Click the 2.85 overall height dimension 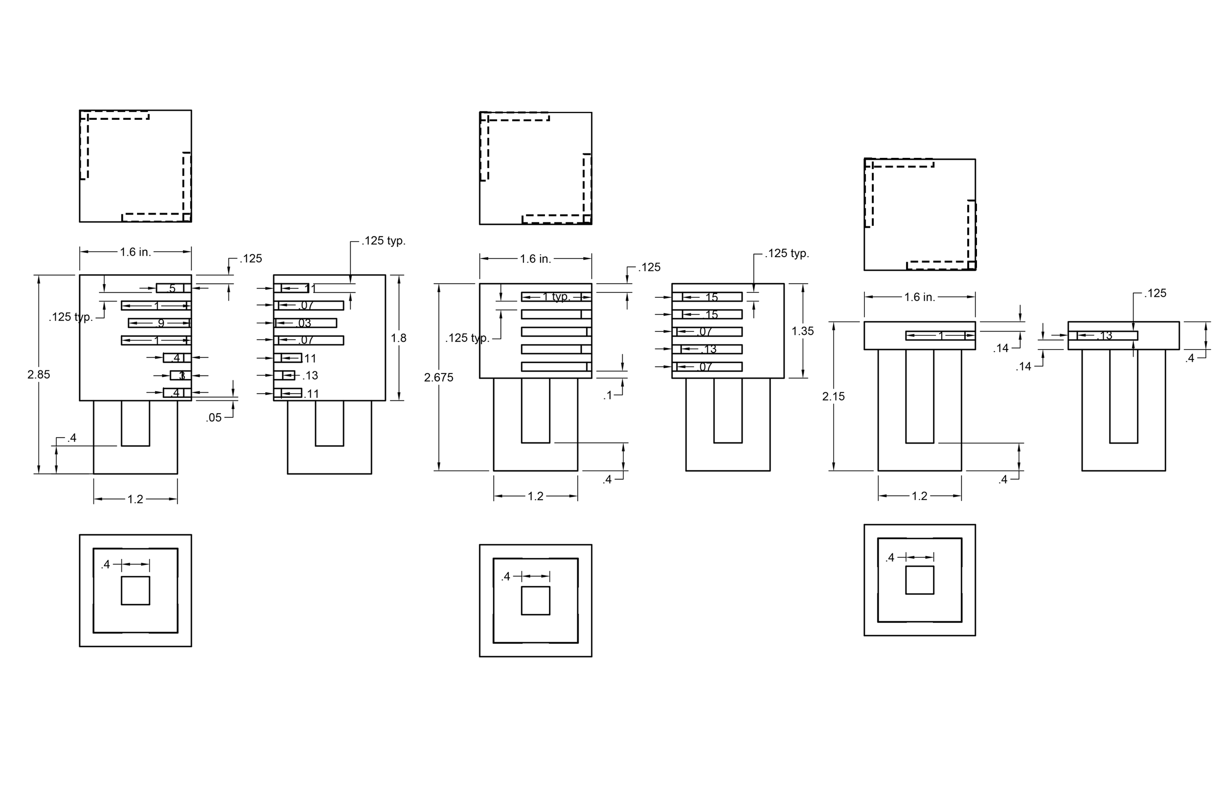click(39, 374)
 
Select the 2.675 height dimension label click(438, 377)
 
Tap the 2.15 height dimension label click(833, 396)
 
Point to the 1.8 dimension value click(398, 338)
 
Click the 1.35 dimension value click(802, 331)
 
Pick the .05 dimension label click(214, 417)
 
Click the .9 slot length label click(160, 323)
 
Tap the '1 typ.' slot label click(556, 297)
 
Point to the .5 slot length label click(172, 288)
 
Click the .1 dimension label click(608, 395)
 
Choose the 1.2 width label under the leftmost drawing click(135, 499)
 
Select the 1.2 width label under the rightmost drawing click(919, 496)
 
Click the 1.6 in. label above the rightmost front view click(919, 297)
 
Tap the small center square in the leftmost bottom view click(135, 591)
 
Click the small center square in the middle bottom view click(536, 600)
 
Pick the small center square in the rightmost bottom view click(919, 580)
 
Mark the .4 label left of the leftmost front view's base click(71, 438)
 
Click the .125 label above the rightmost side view click(1155, 293)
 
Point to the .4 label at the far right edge click(1190, 358)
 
